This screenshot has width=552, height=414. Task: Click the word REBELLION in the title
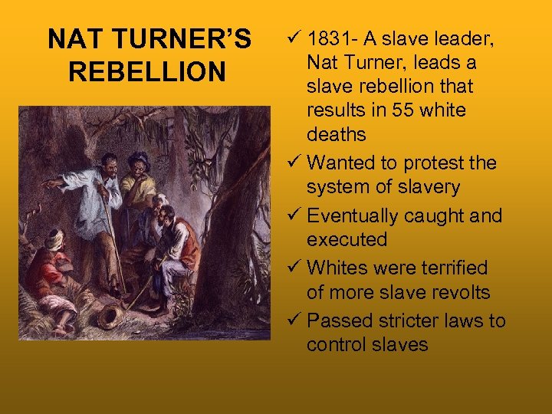[x=147, y=71]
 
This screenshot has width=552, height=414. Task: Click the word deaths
[x=337, y=135]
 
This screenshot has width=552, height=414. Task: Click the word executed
[x=347, y=240]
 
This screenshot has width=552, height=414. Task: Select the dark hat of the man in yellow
[x=139, y=158]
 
